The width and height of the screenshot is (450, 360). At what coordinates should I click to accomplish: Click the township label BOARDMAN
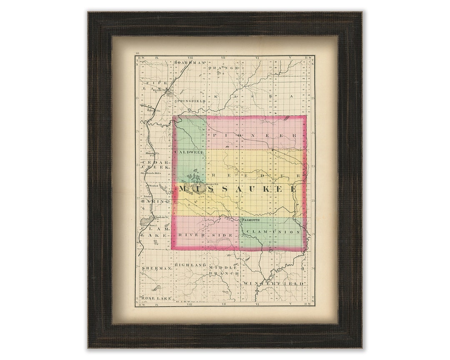[190, 62]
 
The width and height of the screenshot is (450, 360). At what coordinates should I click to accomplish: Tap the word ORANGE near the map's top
[223, 67]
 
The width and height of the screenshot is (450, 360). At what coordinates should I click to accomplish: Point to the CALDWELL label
[190, 152]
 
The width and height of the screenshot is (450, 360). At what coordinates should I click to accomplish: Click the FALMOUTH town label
[250, 220]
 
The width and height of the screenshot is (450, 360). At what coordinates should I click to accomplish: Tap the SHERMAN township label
[156, 269]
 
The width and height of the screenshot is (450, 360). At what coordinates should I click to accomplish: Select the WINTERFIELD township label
[273, 283]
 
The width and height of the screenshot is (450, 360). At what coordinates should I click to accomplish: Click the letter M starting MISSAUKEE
[183, 189]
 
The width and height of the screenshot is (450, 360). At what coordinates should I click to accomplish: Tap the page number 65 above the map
[137, 54]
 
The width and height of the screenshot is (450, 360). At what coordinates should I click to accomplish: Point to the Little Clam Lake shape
[147, 220]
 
